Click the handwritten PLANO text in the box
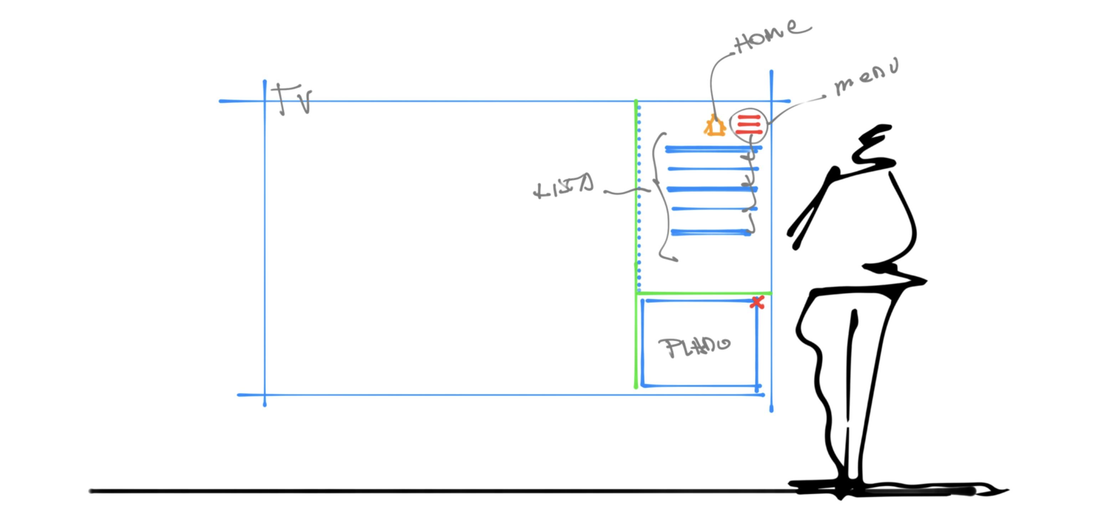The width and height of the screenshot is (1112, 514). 693,347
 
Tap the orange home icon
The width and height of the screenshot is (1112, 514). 715,126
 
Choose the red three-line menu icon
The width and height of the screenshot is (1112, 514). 748,125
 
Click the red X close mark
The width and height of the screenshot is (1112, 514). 757,302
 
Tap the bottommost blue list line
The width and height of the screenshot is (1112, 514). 711,232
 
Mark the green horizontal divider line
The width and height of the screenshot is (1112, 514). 704,293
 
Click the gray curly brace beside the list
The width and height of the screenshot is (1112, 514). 658,194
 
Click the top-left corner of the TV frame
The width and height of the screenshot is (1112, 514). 264,101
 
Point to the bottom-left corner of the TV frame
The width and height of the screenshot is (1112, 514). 264,394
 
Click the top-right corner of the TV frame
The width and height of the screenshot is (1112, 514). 771,101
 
